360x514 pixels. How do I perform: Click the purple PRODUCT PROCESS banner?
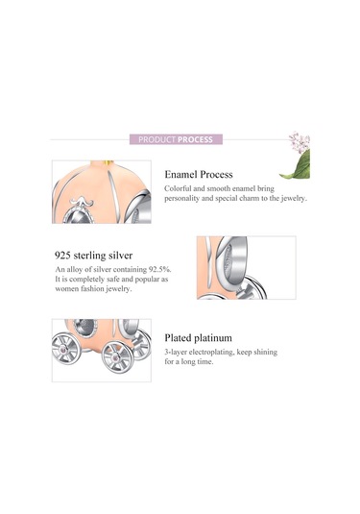[x=176, y=139]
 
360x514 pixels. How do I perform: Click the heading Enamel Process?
[x=199, y=175]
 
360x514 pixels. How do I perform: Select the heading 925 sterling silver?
[x=94, y=256]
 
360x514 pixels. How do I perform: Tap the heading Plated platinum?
[x=198, y=338]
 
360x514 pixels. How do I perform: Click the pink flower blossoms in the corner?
[x=300, y=141]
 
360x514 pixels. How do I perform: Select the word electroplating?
[x=211, y=352]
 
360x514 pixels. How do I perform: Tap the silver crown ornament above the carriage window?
[x=81, y=201]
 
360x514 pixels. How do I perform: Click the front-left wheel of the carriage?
[x=66, y=348]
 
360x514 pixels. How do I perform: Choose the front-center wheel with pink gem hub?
[x=117, y=356]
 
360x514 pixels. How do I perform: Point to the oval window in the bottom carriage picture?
[x=85, y=328]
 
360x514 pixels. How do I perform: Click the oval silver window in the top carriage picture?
[x=78, y=216]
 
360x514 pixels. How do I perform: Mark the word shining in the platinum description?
[x=266, y=352]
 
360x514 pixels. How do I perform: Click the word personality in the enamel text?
[x=181, y=199]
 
